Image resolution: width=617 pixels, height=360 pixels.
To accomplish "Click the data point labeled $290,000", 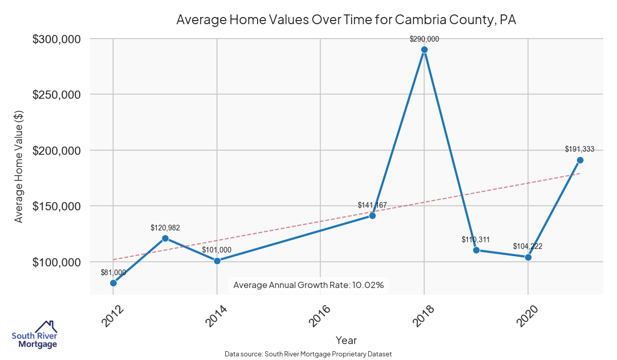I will [x=424, y=50].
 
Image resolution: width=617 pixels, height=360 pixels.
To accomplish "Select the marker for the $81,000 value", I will [x=113, y=283].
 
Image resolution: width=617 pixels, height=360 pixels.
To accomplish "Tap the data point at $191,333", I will [x=580, y=160].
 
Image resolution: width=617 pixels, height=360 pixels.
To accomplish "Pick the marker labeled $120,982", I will [x=165, y=238].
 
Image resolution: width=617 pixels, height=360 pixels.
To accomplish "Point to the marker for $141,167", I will [x=372, y=215].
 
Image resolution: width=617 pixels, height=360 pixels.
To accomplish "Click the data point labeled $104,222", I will [x=528, y=257].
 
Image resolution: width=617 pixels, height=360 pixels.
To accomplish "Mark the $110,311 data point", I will [x=476, y=250].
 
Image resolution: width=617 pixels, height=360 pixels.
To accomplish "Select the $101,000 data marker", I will [x=217, y=261].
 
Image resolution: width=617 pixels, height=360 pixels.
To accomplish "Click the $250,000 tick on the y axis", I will [x=57, y=95].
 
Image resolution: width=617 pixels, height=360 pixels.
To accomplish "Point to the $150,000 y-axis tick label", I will [x=57, y=206].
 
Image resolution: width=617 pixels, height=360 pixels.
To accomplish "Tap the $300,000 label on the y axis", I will [x=57, y=39].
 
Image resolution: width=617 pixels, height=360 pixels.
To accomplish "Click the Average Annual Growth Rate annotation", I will [x=308, y=285].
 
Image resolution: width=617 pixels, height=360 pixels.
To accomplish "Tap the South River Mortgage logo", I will [x=34, y=335].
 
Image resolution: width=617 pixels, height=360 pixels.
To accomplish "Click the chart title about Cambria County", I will [x=346, y=20].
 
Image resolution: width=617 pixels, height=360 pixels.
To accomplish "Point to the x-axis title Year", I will [x=346, y=340].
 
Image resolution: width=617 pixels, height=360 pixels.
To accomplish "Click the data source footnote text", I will [x=308, y=354].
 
